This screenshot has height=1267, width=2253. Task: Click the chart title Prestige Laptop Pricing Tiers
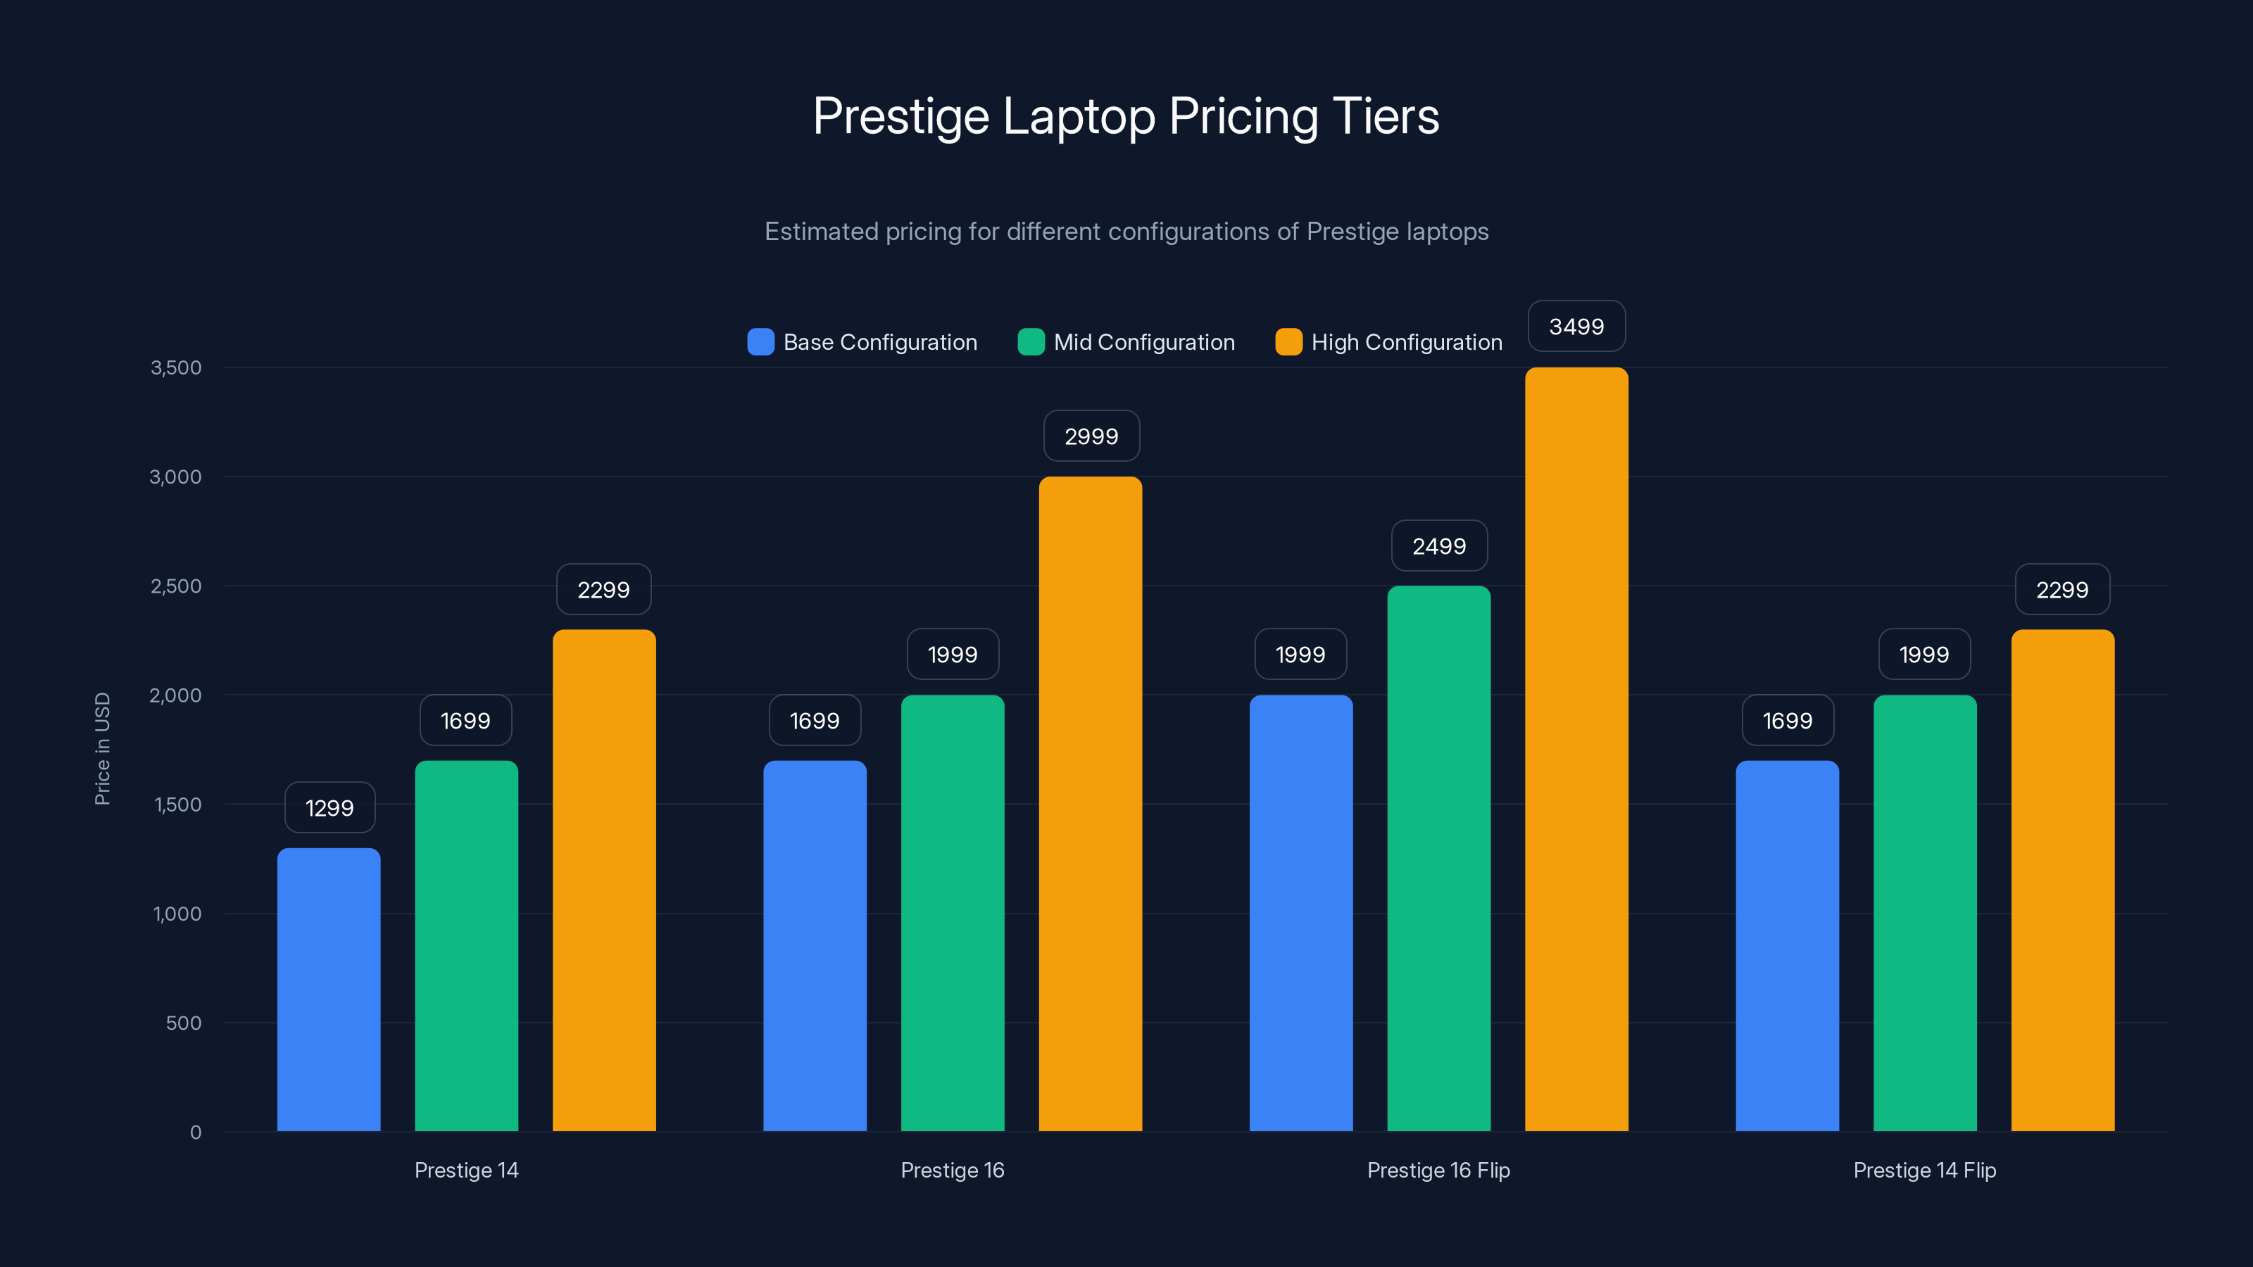click(x=1126, y=116)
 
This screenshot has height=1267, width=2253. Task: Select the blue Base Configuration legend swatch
click(x=760, y=342)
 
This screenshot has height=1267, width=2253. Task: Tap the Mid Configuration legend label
click(x=1143, y=342)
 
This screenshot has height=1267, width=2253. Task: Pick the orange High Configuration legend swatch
click(x=1288, y=342)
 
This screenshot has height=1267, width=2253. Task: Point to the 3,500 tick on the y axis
click(x=176, y=367)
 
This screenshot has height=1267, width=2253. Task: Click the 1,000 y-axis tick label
click(x=177, y=914)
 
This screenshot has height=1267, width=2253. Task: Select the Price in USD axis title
click(x=102, y=748)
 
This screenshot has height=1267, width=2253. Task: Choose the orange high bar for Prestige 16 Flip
click(x=1576, y=750)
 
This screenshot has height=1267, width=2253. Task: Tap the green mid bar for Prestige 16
click(x=953, y=913)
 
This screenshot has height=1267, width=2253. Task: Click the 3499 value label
click(x=1576, y=326)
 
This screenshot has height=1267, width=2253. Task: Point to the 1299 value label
click(x=330, y=808)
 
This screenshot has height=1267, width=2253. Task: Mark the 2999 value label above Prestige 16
click(x=1091, y=436)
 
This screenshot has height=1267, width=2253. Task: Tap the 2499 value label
click(x=1438, y=546)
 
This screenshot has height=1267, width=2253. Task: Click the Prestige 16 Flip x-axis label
click(x=1438, y=1170)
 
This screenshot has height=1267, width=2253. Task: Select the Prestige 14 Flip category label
click(x=1924, y=1170)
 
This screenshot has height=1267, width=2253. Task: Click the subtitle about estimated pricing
click(x=1126, y=232)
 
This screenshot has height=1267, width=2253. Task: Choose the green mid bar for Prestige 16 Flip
click(x=1438, y=859)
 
